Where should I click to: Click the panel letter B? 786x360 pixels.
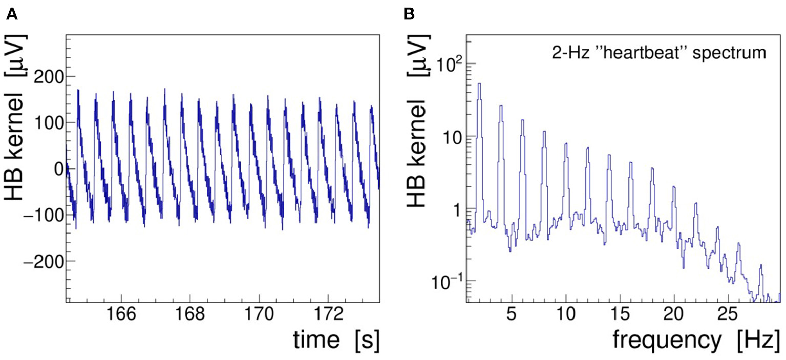tap(409, 15)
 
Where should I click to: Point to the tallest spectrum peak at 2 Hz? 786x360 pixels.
tap(479, 84)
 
